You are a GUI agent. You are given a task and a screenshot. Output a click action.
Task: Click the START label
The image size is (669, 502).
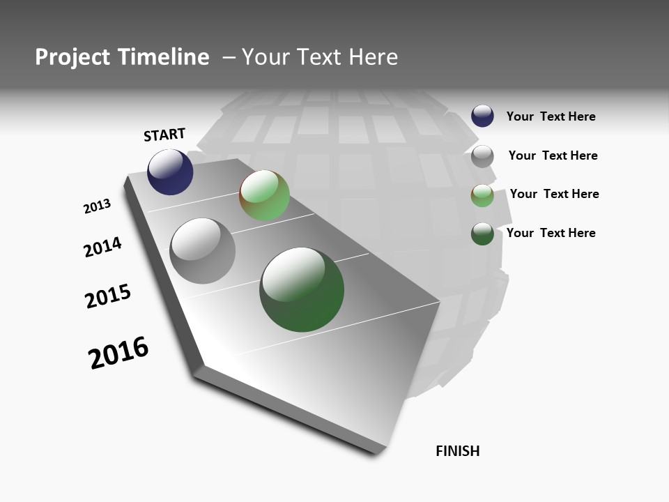pyautogui.click(x=164, y=135)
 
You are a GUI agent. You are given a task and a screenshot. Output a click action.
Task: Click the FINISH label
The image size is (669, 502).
pyautogui.click(x=458, y=451)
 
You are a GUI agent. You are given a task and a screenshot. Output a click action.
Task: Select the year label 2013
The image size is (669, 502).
pyautogui.click(x=97, y=206)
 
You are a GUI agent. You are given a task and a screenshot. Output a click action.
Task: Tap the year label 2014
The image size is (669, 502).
pyautogui.click(x=102, y=247)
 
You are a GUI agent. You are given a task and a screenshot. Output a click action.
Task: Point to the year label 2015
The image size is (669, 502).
pyautogui.click(x=108, y=296)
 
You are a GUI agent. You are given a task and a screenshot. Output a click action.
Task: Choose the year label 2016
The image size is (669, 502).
pyautogui.click(x=118, y=353)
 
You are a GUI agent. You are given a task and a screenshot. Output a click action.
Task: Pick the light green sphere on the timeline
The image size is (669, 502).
pyautogui.click(x=264, y=195)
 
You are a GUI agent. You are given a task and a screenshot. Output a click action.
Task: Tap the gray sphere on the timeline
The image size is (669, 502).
pyautogui.click(x=202, y=251)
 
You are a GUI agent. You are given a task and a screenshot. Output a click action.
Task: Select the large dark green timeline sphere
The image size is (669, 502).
pyautogui.click(x=302, y=289)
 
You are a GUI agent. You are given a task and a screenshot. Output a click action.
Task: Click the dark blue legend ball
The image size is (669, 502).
pyautogui.click(x=482, y=116)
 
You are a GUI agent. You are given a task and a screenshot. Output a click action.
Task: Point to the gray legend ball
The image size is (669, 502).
pyautogui.click(x=482, y=156)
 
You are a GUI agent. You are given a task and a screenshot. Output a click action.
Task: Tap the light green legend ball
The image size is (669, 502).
pyautogui.click(x=482, y=195)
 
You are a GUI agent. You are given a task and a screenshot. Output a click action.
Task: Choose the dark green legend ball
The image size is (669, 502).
pyautogui.click(x=482, y=234)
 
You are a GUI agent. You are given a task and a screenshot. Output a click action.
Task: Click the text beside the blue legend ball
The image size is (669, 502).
pyautogui.click(x=551, y=116)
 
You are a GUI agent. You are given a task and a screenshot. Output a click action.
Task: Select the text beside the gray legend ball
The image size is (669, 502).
pyautogui.click(x=553, y=155)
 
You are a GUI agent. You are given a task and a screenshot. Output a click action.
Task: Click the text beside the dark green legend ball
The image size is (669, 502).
pyautogui.click(x=551, y=233)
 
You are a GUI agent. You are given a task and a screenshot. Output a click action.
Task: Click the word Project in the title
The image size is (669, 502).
pyautogui.click(x=71, y=57)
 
